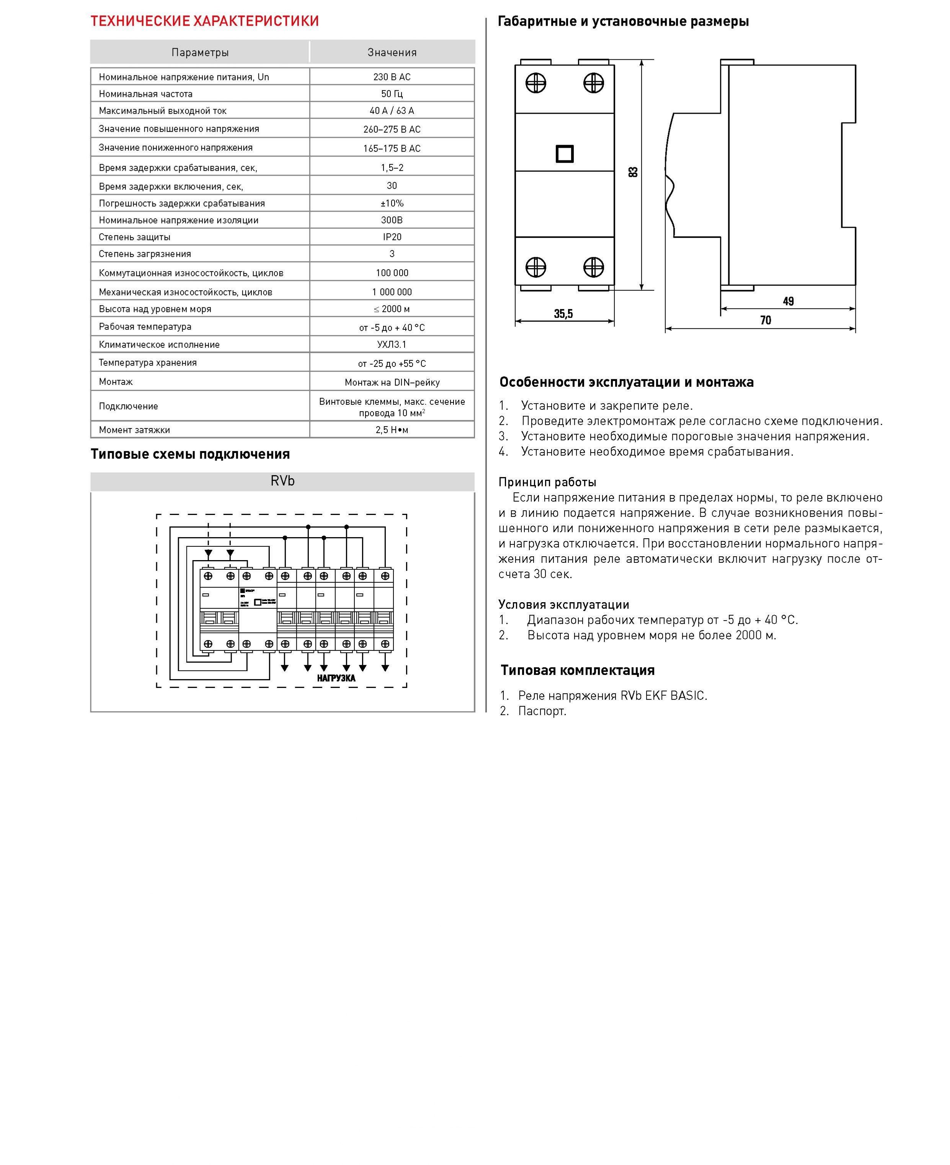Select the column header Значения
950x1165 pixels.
tap(392, 52)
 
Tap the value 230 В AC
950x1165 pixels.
tap(392, 77)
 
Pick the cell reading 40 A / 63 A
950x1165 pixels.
tap(392, 111)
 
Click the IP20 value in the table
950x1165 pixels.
tap(392, 237)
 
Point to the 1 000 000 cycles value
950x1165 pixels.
tap(392, 292)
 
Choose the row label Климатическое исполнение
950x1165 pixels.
tap(159, 345)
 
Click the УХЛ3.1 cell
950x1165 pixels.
tap(392, 345)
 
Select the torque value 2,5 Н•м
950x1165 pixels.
tap(392, 430)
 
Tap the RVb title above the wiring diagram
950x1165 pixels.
tap(282, 481)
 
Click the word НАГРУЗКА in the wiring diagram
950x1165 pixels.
tap(336, 678)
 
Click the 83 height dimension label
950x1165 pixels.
tap(633, 172)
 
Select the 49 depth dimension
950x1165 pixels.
tap(788, 301)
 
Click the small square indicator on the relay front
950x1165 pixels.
tap(565, 154)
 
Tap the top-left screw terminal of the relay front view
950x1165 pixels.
tap(536, 84)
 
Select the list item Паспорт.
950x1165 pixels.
tap(542, 711)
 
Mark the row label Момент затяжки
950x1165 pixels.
tap(135, 430)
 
